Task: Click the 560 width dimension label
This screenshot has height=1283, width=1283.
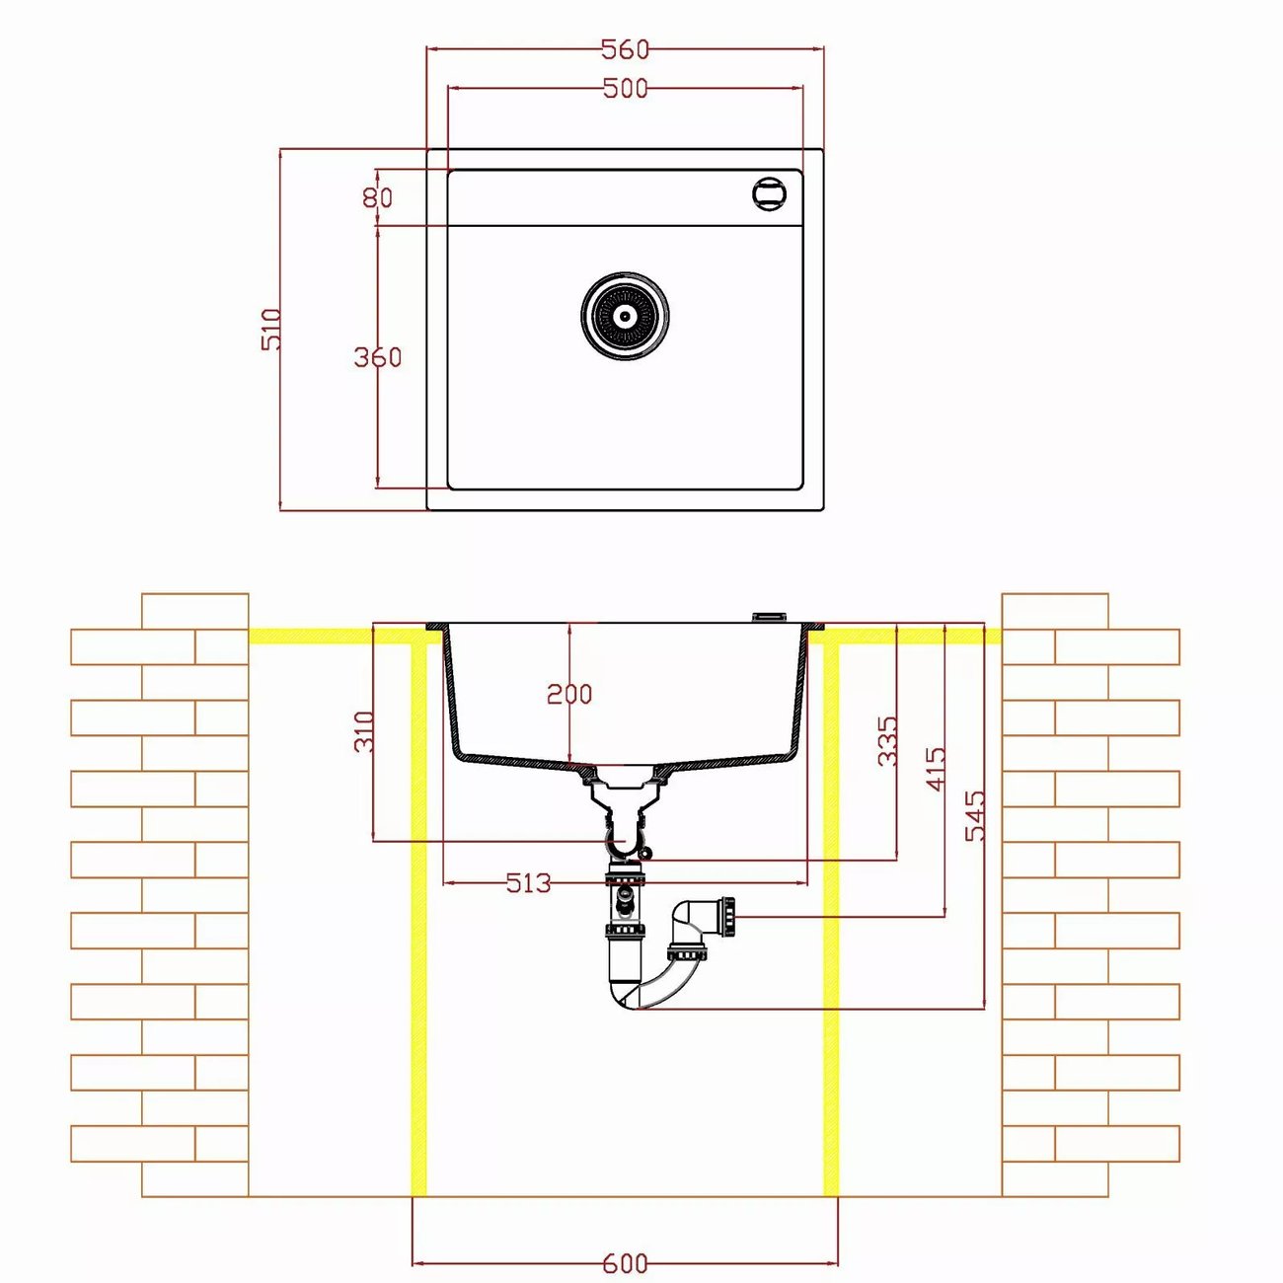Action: [x=625, y=49]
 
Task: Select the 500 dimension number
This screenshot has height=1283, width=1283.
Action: [x=625, y=89]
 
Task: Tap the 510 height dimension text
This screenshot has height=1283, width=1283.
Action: [x=271, y=329]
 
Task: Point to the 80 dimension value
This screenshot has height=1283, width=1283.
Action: [x=378, y=197]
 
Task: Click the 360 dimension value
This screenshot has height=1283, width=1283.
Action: [x=378, y=357]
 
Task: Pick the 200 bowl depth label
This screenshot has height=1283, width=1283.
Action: [x=569, y=695]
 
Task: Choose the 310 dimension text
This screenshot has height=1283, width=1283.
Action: [x=364, y=731]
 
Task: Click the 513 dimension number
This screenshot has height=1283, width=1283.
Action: [x=529, y=883]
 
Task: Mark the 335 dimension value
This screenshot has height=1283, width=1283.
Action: [x=887, y=740]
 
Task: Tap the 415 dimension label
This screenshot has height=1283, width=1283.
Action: [x=936, y=769]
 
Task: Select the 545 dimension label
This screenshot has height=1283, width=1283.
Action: [x=975, y=815]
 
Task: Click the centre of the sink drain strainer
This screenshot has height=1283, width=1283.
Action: [x=625, y=316]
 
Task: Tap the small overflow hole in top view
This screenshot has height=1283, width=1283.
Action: [x=769, y=193]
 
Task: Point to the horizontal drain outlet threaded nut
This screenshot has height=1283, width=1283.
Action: [x=727, y=918]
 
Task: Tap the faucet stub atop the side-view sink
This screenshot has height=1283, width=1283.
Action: [x=769, y=617]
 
